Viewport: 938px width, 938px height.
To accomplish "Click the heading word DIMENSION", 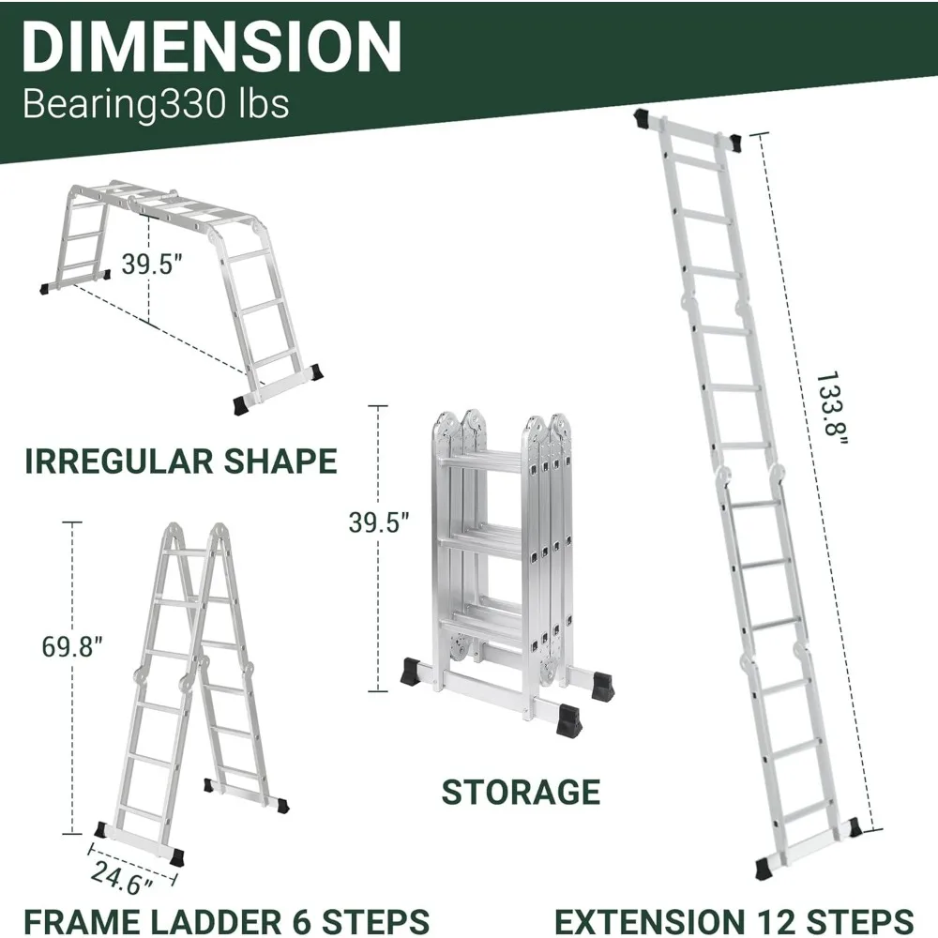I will (212, 47).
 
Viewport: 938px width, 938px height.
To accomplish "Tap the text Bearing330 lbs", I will (156, 103).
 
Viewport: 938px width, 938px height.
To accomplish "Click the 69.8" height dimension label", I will (71, 646).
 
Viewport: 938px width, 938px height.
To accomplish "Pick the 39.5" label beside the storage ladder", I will (379, 523).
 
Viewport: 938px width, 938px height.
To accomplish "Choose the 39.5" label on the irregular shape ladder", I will (151, 264).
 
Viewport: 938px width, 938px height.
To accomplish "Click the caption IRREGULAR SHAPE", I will (180, 461).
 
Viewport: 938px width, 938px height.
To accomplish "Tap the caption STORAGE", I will (521, 792).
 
